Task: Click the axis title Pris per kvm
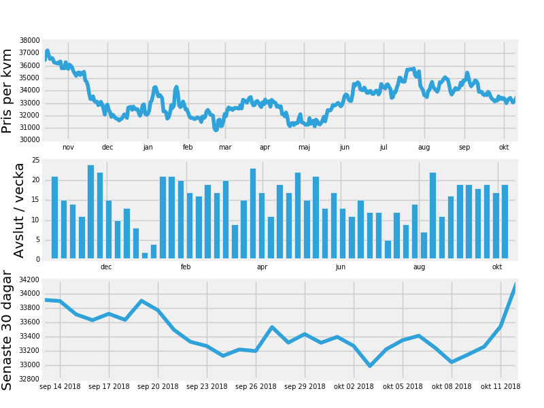(7, 91)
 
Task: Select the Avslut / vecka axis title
(18, 211)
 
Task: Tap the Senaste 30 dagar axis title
(7, 330)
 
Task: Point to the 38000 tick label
(29, 40)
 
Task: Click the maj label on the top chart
(304, 147)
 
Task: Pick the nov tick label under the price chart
(68, 147)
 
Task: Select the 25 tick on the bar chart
(36, 160)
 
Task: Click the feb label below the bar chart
(186, 267)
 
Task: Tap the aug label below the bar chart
(419, 267)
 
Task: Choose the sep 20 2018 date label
(158, 386)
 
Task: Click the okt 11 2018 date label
(500, 386)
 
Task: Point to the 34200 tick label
(29, 279)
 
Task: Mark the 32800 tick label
(29, 379)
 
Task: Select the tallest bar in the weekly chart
(91, 211)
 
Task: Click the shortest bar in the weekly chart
(145, 256)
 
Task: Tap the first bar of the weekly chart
(55, 218)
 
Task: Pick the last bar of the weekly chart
(505, 222)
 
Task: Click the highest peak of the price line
(48, 50)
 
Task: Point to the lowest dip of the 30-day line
(370, 366)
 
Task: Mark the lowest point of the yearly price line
(216, 130)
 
